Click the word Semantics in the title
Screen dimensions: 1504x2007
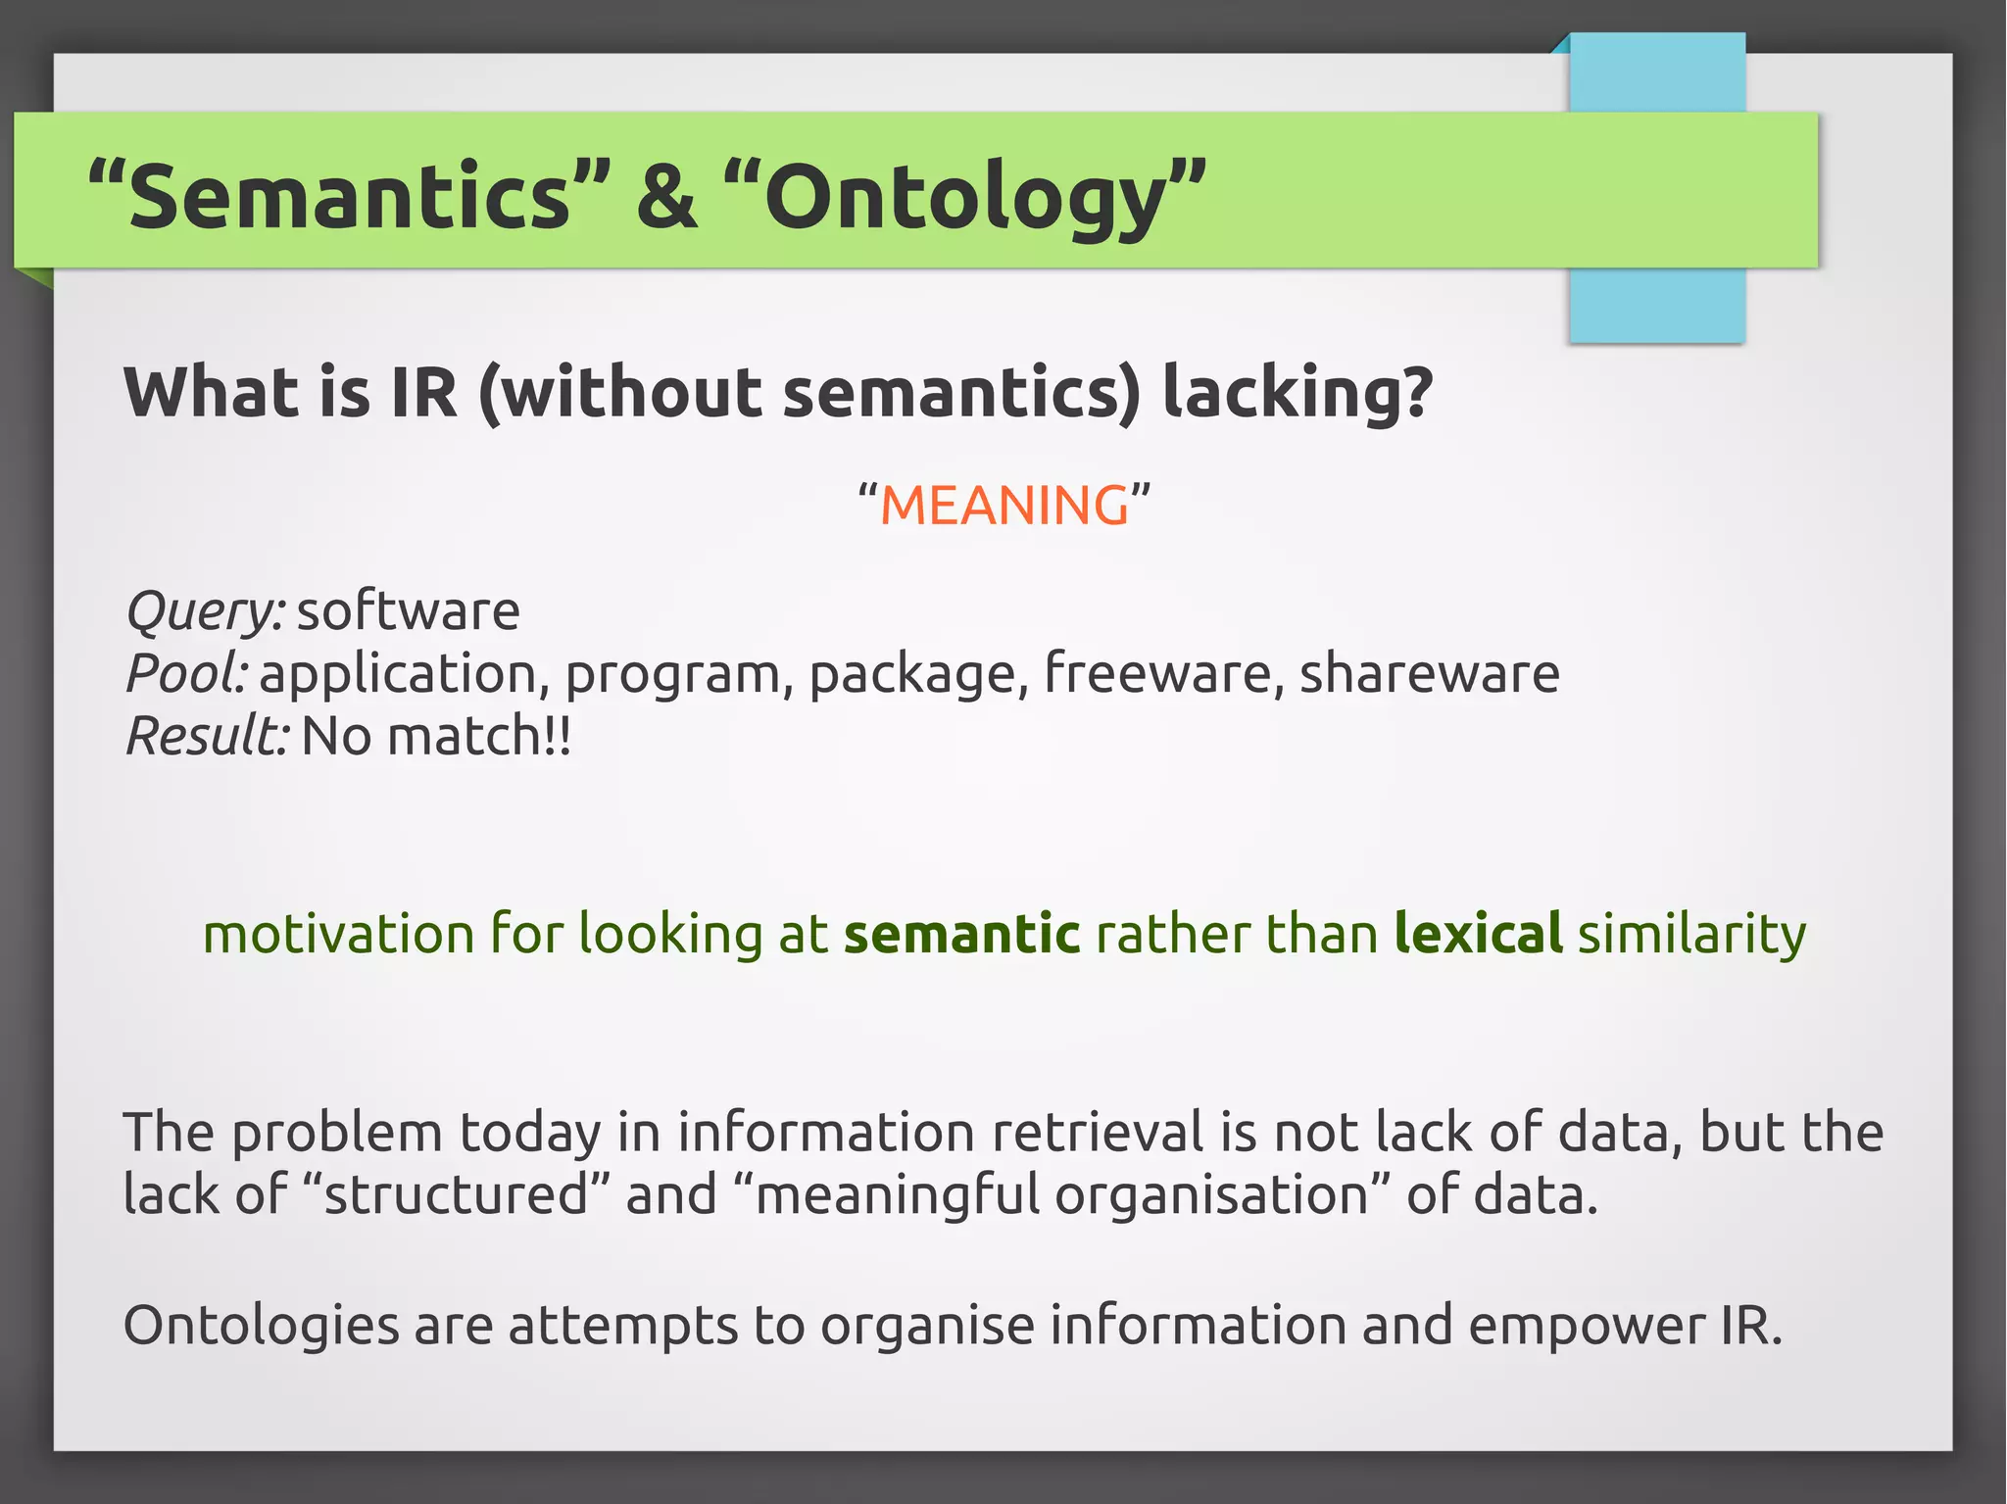pos(348,196)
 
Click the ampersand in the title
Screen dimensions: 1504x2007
pos(666,196)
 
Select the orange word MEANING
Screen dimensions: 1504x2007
pos(1003,506)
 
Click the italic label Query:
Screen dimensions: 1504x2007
pos(205,612)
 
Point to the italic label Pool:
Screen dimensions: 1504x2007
pos(186,674)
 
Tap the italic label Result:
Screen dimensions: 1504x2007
pos(207,736)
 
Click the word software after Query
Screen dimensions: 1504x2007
pos(408,612)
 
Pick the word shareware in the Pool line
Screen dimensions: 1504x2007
pos(1429,674)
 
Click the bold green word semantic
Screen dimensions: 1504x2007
pos(961,934)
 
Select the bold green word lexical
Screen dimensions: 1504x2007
pos(1478,934)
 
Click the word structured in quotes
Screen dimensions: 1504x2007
pos(456,1195)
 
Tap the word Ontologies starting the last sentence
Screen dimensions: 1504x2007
pos(261,1326)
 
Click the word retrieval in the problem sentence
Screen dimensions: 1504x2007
pos(1098,1133)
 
